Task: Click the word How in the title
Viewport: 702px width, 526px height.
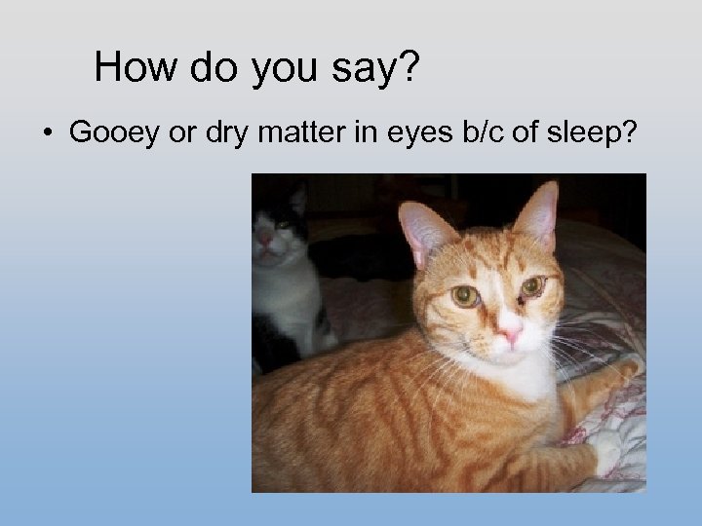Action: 134,67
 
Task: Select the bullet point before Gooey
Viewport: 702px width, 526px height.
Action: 47,133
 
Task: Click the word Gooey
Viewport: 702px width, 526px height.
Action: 114,133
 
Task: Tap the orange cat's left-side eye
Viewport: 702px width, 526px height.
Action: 465,295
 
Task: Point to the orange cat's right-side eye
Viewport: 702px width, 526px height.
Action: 531,286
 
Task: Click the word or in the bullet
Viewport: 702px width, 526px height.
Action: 181,133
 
